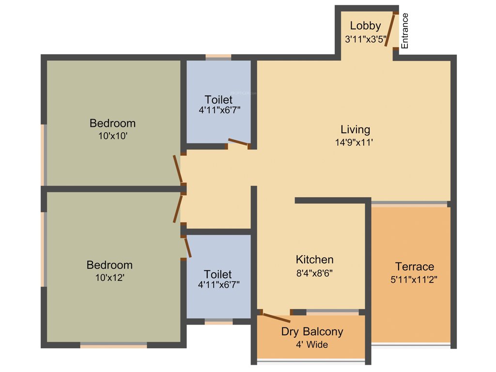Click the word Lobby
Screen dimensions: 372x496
(365, 26)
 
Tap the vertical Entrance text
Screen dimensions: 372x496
(405, 31)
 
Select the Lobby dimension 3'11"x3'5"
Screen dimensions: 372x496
(365, 40)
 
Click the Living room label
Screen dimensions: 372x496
(355, 130)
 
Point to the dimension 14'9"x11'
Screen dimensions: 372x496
(355, 143)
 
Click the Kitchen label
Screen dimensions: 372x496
(314, 260)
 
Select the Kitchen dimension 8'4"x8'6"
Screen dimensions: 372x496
(314, 272)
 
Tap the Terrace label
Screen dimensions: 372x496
(415, 266)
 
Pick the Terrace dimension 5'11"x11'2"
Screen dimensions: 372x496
(415, 279)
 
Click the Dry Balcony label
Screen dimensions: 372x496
(312, 332)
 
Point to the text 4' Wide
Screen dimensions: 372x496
(312, 345)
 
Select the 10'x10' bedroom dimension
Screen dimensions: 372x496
(112, 137)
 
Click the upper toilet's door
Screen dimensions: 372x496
(238, 142)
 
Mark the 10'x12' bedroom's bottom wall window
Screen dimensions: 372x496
(113, 345)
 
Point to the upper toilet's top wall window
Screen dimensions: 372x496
(218, 57)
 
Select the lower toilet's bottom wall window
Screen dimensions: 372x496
(218, 322)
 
